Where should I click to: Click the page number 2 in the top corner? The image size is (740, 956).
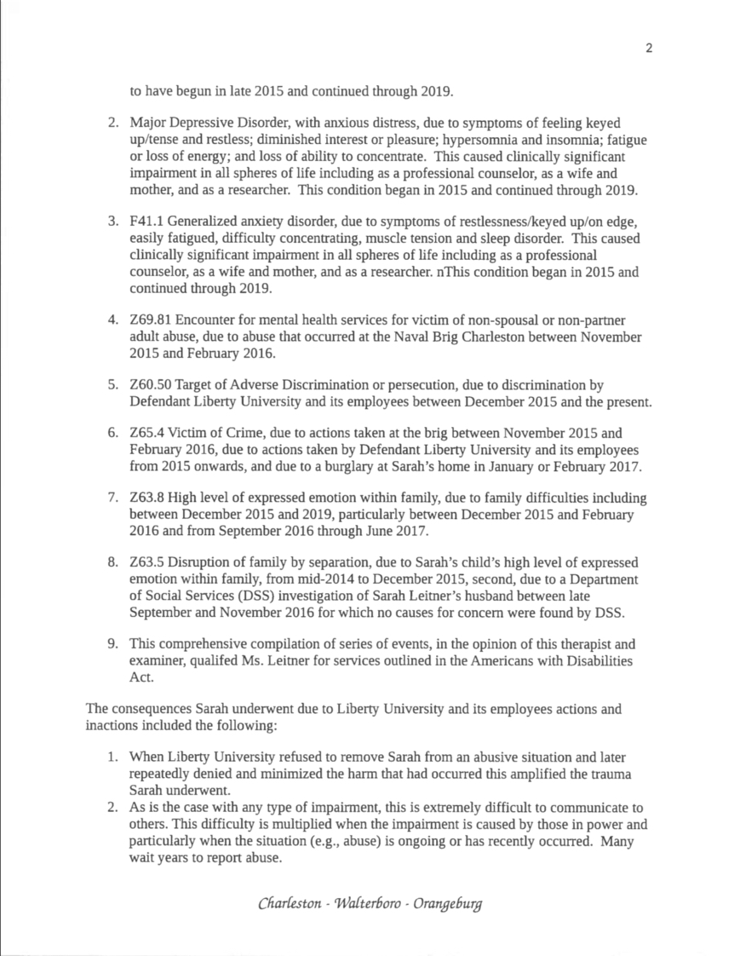649,48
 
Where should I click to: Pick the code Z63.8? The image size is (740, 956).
146,498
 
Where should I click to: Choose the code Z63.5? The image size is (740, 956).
146,563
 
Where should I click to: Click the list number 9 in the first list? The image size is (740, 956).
112,644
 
